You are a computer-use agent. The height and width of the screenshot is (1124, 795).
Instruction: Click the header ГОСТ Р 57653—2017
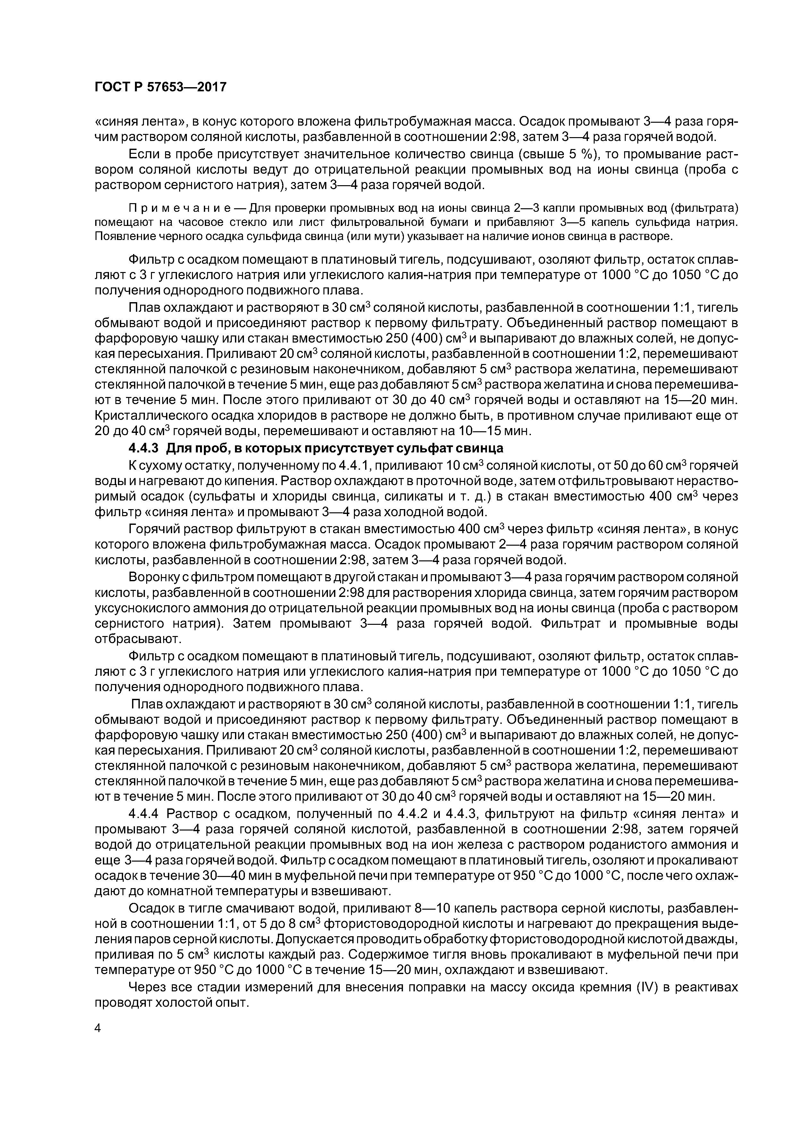tap(160, 87)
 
